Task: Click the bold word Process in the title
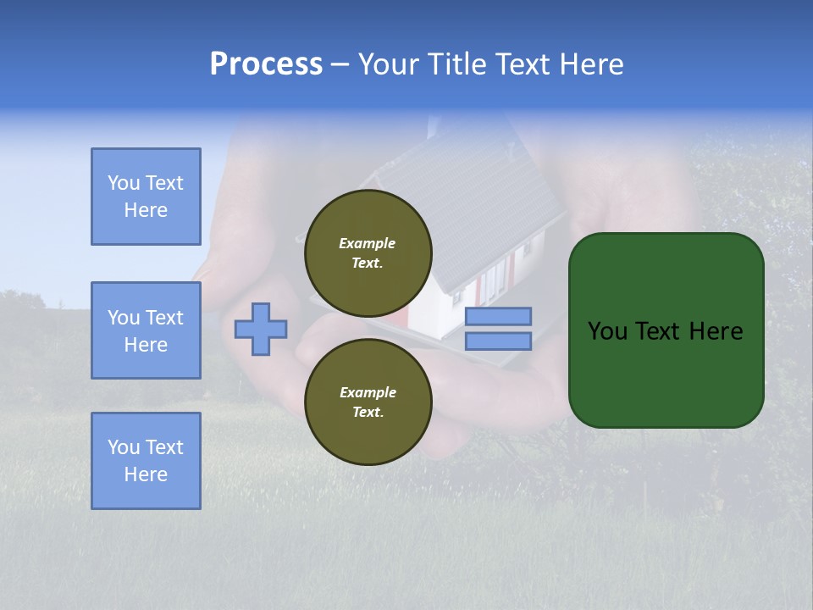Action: (x=266, y=64)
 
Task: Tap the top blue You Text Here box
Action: (x=146, y=197)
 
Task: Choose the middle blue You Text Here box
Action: (x=146, y=330)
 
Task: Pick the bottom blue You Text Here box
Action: (x=146, y=461)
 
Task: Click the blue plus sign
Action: (x=261, y=329)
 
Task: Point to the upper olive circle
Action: (x=368, y=252)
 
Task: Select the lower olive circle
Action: (x=368, y=402)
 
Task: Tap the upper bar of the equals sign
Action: (x=498, y=317)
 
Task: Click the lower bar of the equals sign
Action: (x=498, y=341)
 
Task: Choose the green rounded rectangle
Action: (x=666, y=330)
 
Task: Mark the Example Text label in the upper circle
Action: (x=368, y=252)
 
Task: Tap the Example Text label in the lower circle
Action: (x=368, y=402)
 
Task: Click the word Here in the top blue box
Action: (x=146, y=210)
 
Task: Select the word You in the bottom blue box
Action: (x=123, y=447)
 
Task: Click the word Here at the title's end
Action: (x=592, y=64)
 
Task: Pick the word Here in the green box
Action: (x=716, y=331)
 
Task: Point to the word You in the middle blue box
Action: (x=123, y=318)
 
